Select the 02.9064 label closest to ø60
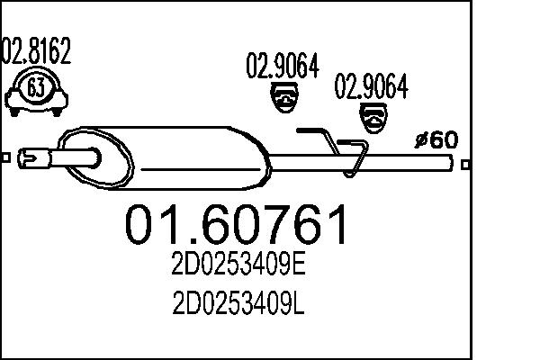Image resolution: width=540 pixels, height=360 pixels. [372, 88]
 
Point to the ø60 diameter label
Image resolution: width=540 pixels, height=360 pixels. [436, 139]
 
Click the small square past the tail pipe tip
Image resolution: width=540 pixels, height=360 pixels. [464, 165]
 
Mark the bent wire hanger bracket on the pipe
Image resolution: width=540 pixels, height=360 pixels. [337, 148]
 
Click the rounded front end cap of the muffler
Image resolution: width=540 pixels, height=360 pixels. [76, 156]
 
